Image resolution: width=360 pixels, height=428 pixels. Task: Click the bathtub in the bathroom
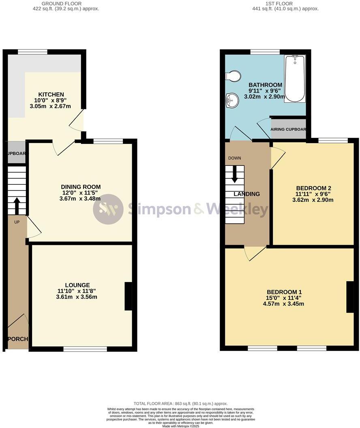click(294, 78)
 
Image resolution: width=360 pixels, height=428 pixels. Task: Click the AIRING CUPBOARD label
click(288, 130)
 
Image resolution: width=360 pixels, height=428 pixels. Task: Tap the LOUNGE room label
click(77, 285)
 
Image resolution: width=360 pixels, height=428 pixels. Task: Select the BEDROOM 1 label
click(284, 292)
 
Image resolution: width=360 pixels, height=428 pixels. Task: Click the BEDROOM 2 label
click(313, 188)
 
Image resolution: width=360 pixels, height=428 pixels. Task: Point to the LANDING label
click(246, 194)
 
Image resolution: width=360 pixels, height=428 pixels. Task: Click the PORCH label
click(17, 338)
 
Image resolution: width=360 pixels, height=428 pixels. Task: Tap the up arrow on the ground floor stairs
click(17, 205)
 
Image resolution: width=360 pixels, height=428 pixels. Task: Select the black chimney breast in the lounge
click(128, 296)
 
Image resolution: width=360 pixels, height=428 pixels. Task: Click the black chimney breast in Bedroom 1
click(349, 297)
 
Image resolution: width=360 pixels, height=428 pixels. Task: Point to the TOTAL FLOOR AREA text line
click(180, 404)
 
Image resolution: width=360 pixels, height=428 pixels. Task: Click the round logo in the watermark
click(108, 209)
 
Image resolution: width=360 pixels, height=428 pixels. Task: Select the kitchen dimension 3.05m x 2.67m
click(50, 107)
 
